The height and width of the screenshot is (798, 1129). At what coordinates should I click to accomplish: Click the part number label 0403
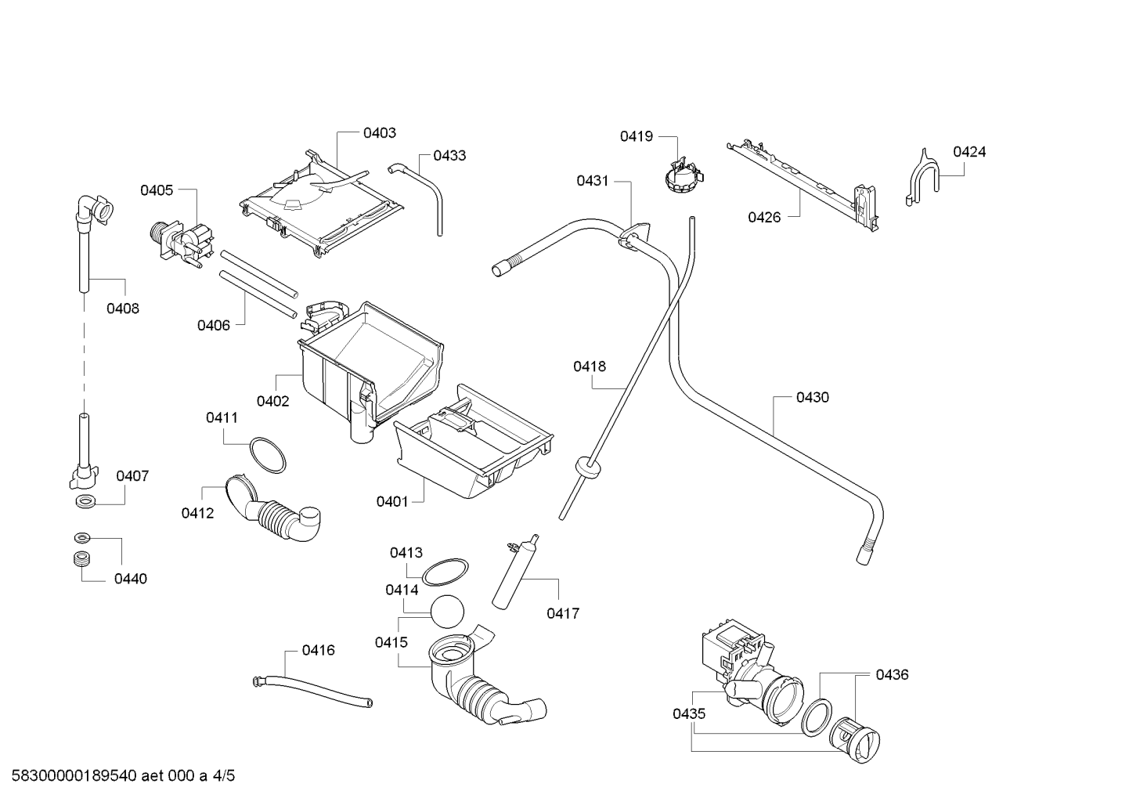point(379,133)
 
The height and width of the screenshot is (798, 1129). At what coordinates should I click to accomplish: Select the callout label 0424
point(968,152)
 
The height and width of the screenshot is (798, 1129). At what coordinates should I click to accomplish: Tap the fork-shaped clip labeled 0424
point(922,179)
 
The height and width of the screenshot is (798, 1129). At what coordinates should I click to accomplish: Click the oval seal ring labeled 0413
point(445,572)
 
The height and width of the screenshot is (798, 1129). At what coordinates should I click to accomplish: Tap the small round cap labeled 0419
point(681,177)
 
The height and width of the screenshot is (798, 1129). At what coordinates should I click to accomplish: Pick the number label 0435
point(688,713)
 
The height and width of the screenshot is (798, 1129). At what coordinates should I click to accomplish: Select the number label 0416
point(318,650)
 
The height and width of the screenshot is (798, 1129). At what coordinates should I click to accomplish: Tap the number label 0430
point(812,397)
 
